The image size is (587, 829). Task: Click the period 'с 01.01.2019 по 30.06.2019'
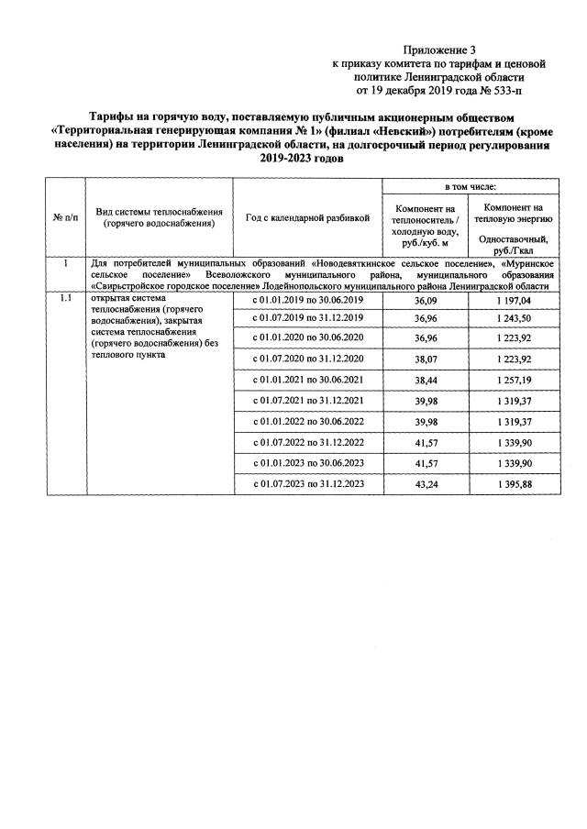click(308, 301)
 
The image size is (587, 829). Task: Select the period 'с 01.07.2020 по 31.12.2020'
click(308, 358)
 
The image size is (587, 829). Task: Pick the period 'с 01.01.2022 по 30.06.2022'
click(308, 421)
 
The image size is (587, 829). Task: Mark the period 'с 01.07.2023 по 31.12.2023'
click(308, 484)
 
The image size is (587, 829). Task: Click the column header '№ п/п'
click(64, 217)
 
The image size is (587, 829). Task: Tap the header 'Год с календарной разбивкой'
click(308, 217)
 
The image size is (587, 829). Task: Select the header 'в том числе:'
click(471, 187)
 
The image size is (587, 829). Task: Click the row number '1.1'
click(64, 299)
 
